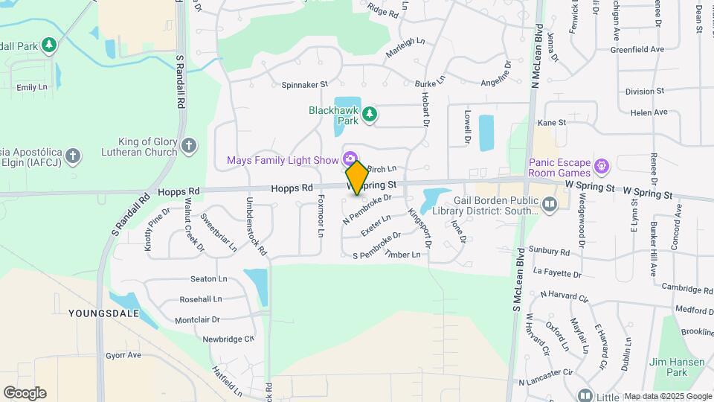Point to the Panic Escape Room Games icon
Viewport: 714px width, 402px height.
[x=602, y=164]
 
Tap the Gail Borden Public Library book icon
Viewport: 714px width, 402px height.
[x=550, y=202]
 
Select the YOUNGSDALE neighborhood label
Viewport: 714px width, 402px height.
[x=103, y=313]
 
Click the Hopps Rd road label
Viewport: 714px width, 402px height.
[x=292, y=189]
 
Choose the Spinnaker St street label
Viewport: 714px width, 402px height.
[x=304, y=85]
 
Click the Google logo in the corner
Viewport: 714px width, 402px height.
[x=25, y=393]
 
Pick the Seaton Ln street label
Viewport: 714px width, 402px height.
[x=208, y=279]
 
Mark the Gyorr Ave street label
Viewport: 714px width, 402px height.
[x=123, y=355]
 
